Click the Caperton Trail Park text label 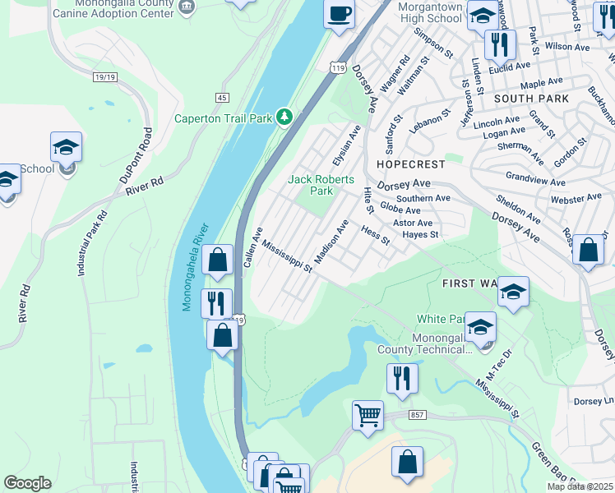tap(222, 118)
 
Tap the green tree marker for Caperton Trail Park tap(285, 117)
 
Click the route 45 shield tap(222, 98)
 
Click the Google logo tap(27, 482)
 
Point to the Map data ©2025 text tap(580, 486)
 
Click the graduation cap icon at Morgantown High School tap(482, 15)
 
